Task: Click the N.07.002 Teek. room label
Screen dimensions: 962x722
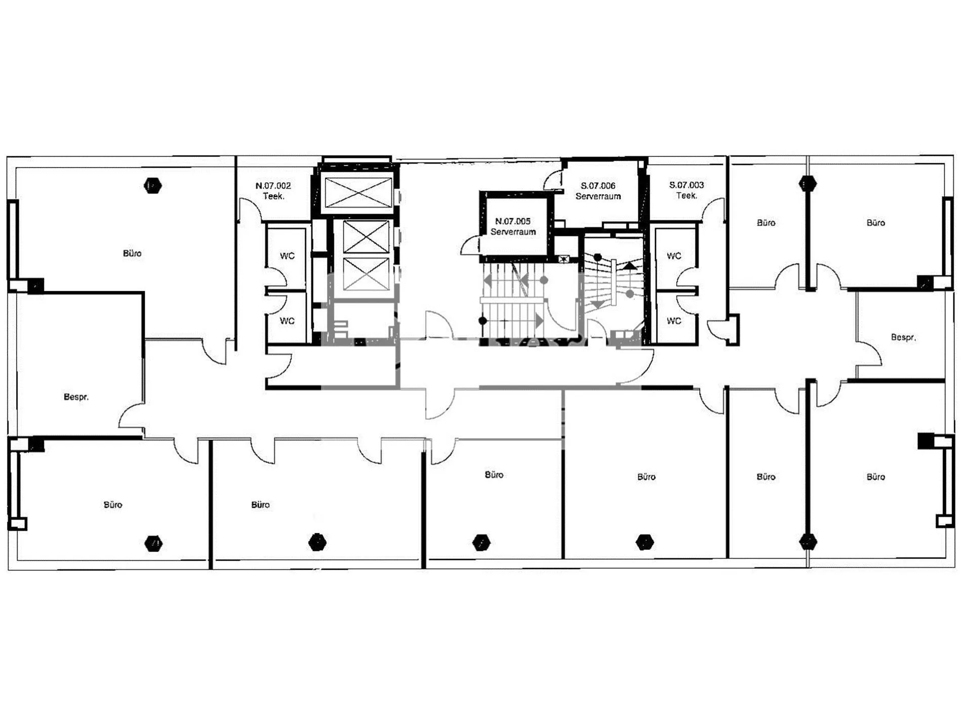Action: click(x=273, y=191)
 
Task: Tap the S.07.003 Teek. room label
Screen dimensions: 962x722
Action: click(x=687, y=190)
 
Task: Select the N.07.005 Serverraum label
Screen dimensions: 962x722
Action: click(x=513, y=226)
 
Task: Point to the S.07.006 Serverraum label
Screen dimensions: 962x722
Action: click(x=598, y=191)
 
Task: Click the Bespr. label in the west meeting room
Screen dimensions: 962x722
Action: click(x=76, y=397)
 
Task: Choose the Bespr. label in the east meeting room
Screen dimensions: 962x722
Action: click(x=903, y=337)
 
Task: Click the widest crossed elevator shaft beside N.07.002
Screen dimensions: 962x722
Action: click(x=358, y=192)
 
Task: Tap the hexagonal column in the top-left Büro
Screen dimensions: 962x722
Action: click(x=152, y=186)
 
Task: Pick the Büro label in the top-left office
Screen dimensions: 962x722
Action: click(x=132, y=253)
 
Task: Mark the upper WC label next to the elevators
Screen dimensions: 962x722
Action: click(x=287, y=256)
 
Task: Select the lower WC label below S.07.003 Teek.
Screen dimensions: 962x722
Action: click(x=674, y=321)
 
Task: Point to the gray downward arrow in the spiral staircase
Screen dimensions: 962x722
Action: click(x=597, y=304)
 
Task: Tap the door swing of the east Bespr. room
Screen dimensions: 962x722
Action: click(x=870, y=352)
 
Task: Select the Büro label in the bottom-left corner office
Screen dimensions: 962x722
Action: click(x=112, y=505)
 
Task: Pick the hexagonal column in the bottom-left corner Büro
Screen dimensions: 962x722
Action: click(x=153, y=544)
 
